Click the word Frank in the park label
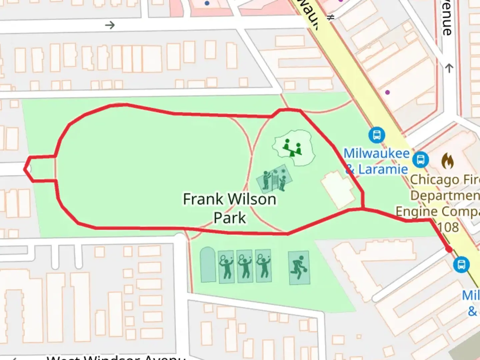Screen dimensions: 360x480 [x=203, y=199]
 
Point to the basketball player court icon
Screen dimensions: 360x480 [x=299, y=267]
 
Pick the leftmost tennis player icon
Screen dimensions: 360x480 [x=227, y=267]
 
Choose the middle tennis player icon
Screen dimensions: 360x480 [x=245, y=267]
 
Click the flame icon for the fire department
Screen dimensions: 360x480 [x=447, y=161]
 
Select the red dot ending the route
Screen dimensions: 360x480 [x=449, y=249]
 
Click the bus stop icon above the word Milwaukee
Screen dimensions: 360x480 [x=377, y=135]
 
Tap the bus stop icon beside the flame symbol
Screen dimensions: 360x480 [x=421, y=159]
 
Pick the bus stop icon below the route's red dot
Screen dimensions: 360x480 [x=461, y=265]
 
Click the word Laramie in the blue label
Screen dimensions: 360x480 [x=383, y=169]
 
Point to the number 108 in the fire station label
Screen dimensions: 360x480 [x=448, y=227]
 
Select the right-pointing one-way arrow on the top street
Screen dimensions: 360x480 [x=110, y=25]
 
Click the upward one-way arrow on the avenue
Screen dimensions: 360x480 [x=449, y=68]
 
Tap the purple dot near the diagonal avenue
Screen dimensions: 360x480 [x=387, y=92]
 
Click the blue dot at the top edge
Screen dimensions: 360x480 [x=207, y=3]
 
